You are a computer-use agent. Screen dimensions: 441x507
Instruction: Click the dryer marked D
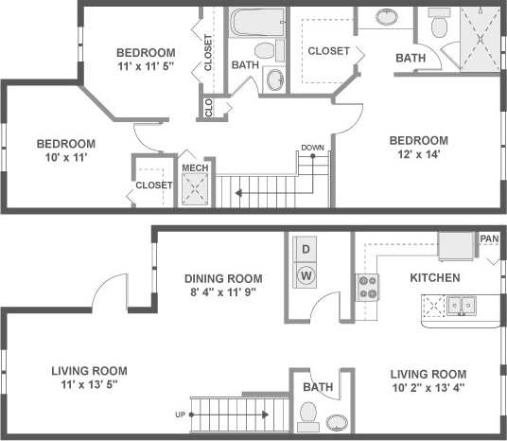pos(305,250)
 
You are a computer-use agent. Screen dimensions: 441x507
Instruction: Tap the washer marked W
pos(305,275)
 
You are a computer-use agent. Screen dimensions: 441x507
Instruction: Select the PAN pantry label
pos(489,238)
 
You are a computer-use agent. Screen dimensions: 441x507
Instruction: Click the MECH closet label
pos(194,168)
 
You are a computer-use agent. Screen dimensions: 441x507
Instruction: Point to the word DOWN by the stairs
pos(312,148)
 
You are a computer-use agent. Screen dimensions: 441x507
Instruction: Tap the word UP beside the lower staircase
pos(179,414)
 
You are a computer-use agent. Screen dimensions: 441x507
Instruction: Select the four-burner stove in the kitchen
pos(367,287)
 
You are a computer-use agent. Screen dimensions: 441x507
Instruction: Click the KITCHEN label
pos(434,278)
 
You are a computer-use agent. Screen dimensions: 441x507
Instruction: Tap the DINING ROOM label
pos(223,278)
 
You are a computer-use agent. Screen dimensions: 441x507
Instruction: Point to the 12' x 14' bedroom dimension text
pos(418,153)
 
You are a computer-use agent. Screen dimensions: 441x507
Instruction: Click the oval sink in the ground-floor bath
pos(338,421)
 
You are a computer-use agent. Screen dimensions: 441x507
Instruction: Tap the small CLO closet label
pos(208,108)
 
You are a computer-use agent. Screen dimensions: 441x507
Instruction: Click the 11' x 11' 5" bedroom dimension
pos(146,67)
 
